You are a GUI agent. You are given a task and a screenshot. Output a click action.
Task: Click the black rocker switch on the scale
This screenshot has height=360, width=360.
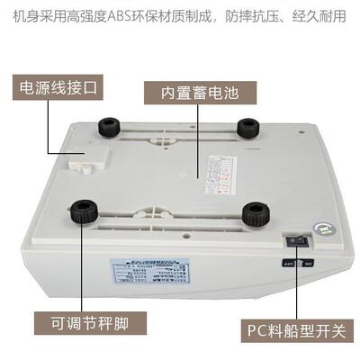pos(295,240)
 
